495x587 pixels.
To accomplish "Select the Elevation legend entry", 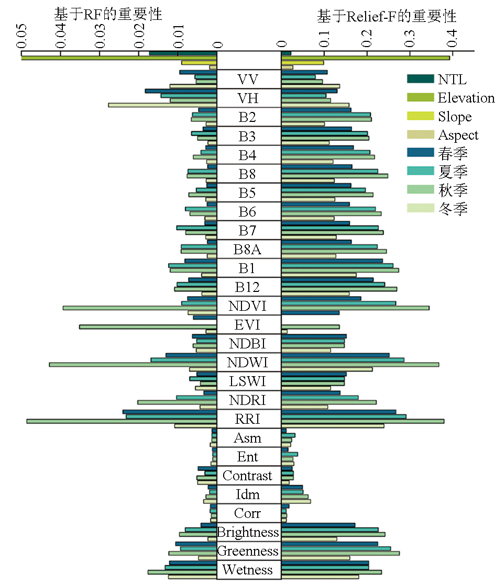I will pos(450,98).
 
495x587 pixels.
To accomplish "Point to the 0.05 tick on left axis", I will pos(21,52).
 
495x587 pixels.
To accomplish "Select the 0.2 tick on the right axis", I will pos(367,52).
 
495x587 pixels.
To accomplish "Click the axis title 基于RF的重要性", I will pos(108,15).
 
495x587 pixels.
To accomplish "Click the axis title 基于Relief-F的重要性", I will pos(387,16).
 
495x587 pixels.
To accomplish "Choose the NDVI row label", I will pos(248,306).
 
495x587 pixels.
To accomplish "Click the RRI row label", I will pos(248,419).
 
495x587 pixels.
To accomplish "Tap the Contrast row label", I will pos(248,476).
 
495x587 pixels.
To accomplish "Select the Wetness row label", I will pos(248,570).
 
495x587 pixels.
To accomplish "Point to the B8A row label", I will pos(248,250).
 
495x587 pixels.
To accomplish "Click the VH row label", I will pos(248,99).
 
